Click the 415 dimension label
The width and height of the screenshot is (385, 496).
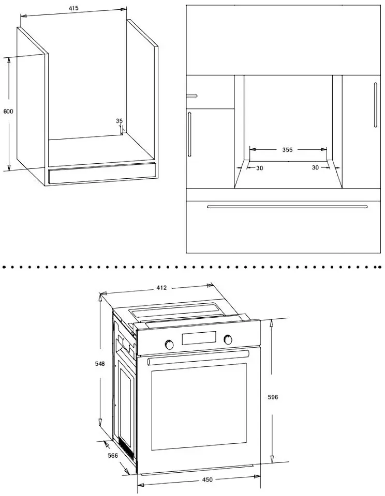click(x=73, y=8)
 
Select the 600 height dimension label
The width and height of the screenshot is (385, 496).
click(x=8, y=112)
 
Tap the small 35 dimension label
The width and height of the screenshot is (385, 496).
click(x=119, y=121)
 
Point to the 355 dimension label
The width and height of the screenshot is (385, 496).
click(x=287, y=150)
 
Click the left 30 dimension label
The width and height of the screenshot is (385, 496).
click(x=260, y=168)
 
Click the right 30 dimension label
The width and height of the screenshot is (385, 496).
click(x=315, y=167)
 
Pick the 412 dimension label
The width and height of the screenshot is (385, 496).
click(x=161, y=288)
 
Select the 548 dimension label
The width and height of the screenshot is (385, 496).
click(x=100, y=364)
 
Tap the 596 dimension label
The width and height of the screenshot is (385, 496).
click(x=273, y=397)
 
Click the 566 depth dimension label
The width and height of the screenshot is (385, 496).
click(x=113, y=456)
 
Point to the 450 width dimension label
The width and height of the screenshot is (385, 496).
click(x=207, y=480)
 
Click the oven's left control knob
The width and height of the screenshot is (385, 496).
click(x=170, y=344)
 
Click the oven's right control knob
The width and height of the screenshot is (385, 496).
click(x=228, y=340)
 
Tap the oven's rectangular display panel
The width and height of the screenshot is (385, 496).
click(x=199, y=338)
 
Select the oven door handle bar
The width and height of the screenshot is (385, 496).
click(x=198, y=358)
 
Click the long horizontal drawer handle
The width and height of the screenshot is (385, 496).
click(x=287, y=207)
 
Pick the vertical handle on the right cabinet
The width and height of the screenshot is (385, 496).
click(x=376, y=105)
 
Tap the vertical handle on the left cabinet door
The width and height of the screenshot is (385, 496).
click(x=189, y=134)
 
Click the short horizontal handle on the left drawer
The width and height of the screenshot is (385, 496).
click(x=191, y=96)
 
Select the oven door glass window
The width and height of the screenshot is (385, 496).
click(x=199, y=407)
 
